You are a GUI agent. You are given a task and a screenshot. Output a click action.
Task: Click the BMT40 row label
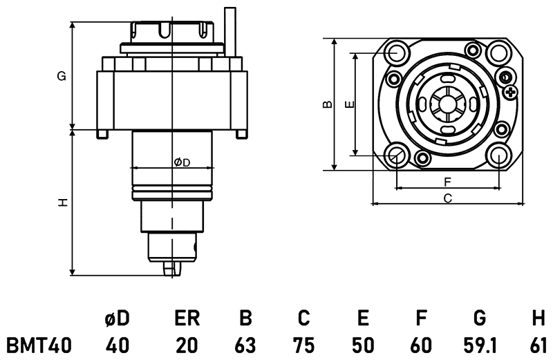39,344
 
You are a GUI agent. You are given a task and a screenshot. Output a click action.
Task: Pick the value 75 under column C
303,344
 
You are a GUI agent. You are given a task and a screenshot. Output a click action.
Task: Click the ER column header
186,319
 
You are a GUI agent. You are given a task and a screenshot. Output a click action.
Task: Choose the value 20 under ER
186,344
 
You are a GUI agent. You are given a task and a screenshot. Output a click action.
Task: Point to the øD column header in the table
117,319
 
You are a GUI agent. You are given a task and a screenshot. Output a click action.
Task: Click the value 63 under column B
245,344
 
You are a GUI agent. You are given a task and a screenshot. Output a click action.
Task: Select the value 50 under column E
362,344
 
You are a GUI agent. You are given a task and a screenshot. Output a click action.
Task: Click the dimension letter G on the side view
62,77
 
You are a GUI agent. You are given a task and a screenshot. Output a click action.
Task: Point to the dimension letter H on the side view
62,202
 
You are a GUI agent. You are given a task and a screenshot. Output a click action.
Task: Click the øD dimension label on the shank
182,162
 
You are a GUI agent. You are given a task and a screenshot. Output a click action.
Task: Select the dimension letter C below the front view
447,198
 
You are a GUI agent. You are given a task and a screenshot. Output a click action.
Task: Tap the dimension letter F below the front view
447,182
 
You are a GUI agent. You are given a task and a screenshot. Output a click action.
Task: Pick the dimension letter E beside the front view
349,104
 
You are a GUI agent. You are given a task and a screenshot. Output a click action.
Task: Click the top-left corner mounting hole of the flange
397,53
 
